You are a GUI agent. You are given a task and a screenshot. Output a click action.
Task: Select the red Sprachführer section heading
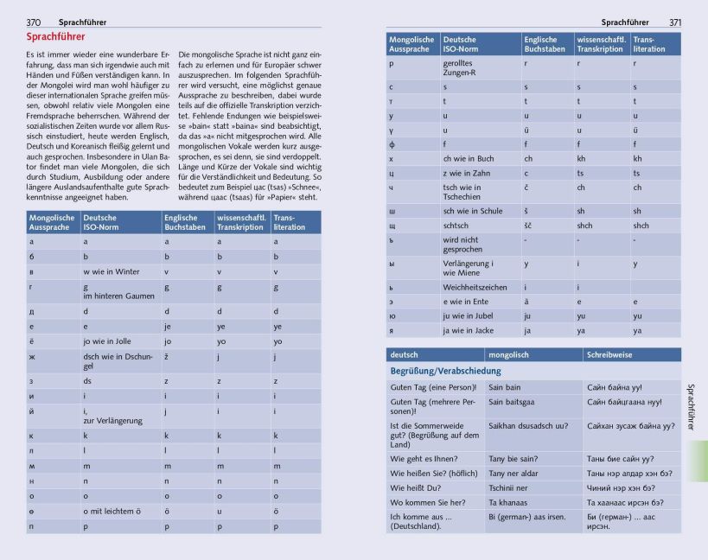(x=56, y=38)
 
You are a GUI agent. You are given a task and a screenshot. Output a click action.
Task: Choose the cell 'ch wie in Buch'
(x=469, y=159)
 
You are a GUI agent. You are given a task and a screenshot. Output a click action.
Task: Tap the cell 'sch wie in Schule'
(x=473, y=211)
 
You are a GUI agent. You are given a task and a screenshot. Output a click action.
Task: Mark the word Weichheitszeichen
(x=475, y=287)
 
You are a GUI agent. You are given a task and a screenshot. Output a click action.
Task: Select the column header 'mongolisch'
(x=511, y=354)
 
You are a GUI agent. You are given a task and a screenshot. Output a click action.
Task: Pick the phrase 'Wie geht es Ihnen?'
(x=423, y=459)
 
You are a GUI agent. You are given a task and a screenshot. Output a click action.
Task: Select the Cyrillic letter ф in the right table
(x=392, y=144)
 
